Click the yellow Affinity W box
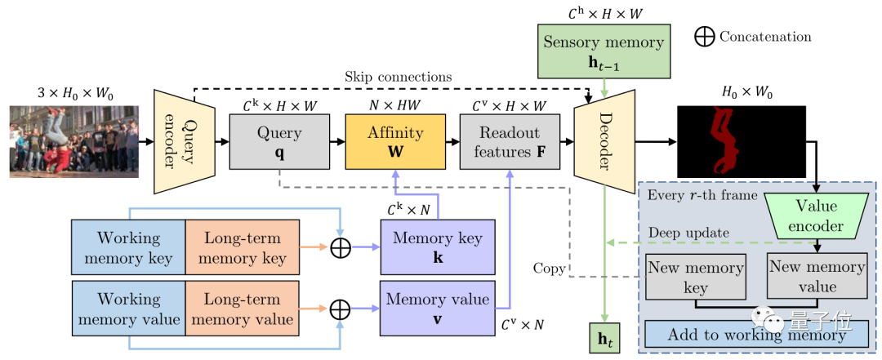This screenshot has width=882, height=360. pos(395,141)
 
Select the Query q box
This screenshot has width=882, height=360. pos(279,141)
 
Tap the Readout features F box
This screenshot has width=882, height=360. pos(510,141)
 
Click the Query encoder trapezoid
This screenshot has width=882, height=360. pos(185,142)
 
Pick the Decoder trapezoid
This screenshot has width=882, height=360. pos(604,142)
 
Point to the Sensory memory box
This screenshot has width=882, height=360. pos(604,51)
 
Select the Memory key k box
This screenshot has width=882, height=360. pos(438,247)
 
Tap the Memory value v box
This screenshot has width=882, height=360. pos(438,307)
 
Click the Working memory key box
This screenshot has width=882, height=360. pos(128,247)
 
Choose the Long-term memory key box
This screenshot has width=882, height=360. pos(242,247)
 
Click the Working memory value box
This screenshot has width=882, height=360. pos(128,309)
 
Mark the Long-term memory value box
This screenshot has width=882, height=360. pos(242,309)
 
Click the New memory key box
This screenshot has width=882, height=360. pos(696,277)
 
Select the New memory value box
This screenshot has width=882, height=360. pos(817,276)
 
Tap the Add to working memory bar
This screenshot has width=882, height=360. pos(756,335)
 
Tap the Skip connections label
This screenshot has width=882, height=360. pos(399,76)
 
